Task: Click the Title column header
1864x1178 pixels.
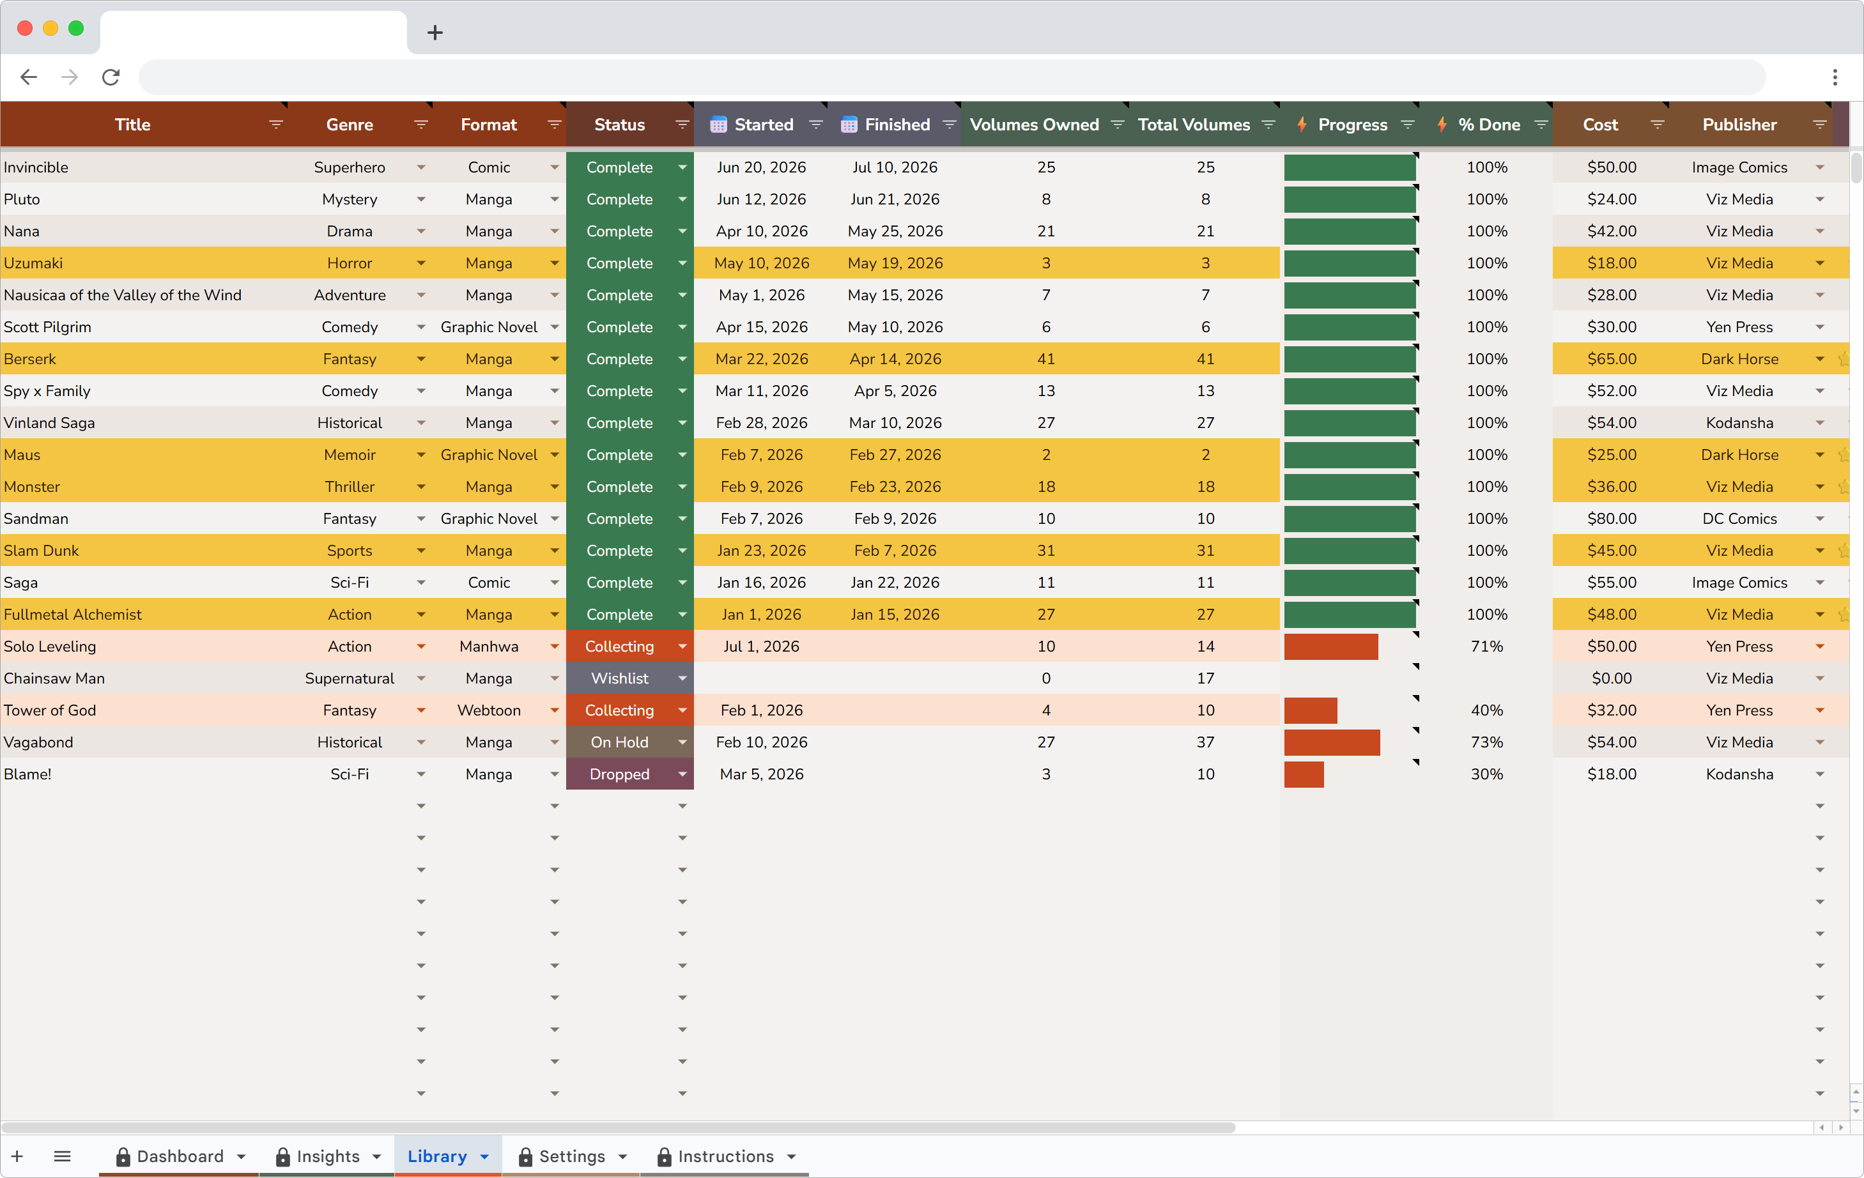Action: point(132,125)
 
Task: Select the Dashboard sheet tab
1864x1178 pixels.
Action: point(180,1156)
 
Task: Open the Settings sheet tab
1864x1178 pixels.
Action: point(571,1156)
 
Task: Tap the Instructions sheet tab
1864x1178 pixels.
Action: point(725,1156)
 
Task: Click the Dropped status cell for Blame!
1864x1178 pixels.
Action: point(619,774)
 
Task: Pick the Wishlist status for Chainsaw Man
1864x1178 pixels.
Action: point(619,678)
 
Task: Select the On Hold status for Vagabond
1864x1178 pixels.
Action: point(619,742)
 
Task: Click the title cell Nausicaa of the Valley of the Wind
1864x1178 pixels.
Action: point(122,295)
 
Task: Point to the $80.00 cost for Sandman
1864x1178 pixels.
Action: point(1612,519)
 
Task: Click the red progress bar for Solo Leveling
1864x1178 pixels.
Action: point(1330,646)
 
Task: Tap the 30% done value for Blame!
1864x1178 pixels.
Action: point(1486,774)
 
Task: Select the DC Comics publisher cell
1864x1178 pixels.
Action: point(1739,519)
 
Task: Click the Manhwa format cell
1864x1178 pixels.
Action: point(488,646)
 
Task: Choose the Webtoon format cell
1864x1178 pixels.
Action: point(488,710)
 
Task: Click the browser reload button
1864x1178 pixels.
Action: point(111,77)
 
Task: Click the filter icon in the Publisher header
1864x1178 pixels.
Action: point(1820,125)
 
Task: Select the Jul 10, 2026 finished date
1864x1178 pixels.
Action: point(895,167)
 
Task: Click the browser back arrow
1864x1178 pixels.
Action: point(29,77)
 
